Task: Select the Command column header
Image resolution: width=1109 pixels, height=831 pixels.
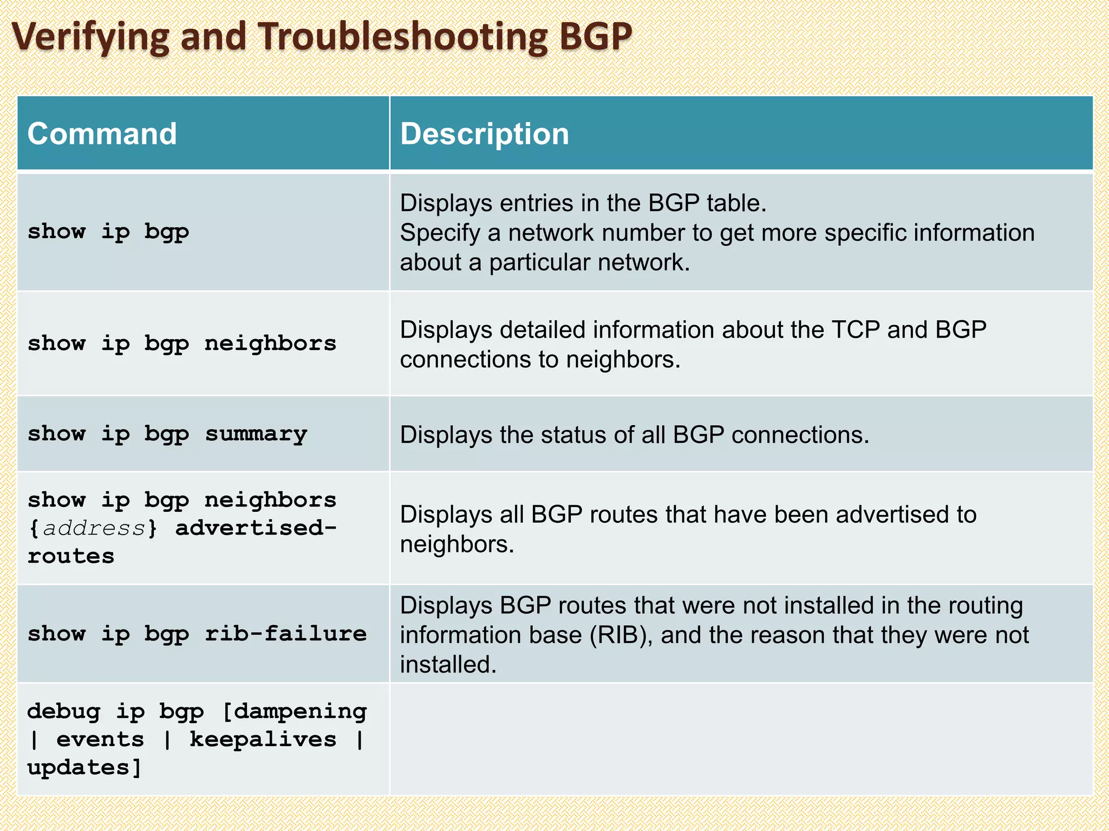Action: pos(102,134)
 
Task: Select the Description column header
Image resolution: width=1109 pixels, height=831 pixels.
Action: pos(485,134)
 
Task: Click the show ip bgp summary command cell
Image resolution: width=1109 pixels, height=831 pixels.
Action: pos(167,434)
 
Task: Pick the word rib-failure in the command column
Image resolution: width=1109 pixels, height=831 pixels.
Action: pos(285,634)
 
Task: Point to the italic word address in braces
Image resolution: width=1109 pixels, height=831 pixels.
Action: pos(94,528)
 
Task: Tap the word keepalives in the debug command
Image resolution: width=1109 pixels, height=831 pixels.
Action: pos(263,740)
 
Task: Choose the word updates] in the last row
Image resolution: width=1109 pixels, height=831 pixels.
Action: pos(84,768)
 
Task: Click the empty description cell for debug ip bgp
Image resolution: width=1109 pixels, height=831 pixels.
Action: pos(741,740)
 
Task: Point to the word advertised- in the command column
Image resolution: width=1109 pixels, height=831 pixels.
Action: pos(256,528)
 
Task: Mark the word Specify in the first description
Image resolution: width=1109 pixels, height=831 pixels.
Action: pos(440,233)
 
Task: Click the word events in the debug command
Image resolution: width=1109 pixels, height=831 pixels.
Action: pos(100,740)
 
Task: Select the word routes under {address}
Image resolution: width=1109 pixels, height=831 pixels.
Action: pos(71,556)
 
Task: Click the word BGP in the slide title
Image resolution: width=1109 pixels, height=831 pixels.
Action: pos(595,37)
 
